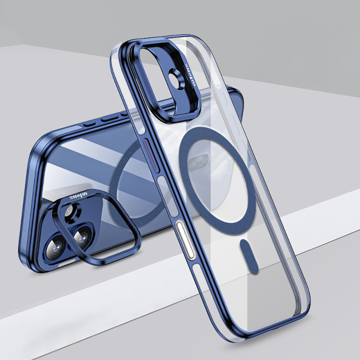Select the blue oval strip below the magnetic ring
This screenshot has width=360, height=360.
tap(246, 258)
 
